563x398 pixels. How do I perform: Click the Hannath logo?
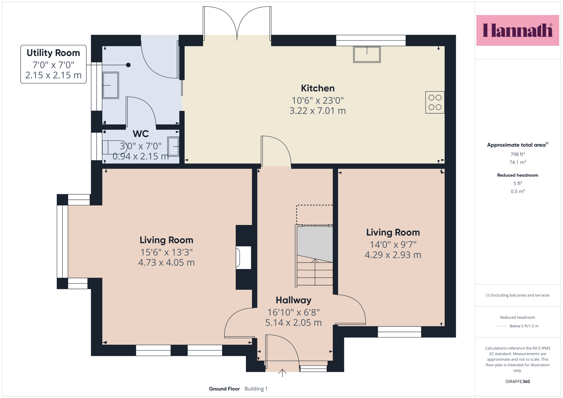click(x=518, y=30)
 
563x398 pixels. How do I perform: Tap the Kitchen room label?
click(x=318, y=88)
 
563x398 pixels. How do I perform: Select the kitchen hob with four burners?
click(x=435, y=102)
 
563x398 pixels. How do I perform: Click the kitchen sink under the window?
click(x=367, y=54)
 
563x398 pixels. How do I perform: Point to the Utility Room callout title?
click(x=53, y=53)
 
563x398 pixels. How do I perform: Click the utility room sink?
click(x=111, y=85)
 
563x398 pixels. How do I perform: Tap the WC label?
click(x=141, y=134)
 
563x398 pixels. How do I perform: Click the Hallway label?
click(x=293, y=300)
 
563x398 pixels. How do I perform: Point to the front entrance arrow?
click(x=282, y=373)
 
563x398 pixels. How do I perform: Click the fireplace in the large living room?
click(x=243, y=258)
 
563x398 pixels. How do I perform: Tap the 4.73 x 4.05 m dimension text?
click(x=166, y=262)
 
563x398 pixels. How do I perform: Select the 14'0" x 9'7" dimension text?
click(x=393, y=244)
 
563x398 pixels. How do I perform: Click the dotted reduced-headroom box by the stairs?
click(x=314, y=215)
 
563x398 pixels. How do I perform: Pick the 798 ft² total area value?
click(x=518, y=154)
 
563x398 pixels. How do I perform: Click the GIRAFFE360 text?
click(x=518, y=381)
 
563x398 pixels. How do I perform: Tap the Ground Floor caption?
click(x=224, y=389)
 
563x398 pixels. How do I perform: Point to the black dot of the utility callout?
click(x=128, y=65)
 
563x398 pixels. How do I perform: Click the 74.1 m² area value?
click(x=518, y=162)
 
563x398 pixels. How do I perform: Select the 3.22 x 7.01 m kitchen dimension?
click(x=318, y=111)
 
